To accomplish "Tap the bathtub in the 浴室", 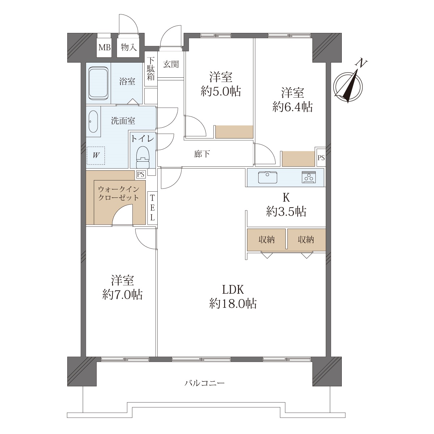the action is point(98,83).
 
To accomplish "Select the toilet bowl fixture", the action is point(143,157).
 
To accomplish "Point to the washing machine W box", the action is point(96,155).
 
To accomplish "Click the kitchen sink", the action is point(267,178).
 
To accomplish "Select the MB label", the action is point(105,48).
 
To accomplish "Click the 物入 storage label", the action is point(129,47).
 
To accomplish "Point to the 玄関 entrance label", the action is point(171,64).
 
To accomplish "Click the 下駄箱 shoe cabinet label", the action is point(151,69).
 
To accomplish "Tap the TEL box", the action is point(152,208).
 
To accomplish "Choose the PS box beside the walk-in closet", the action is point(141,174).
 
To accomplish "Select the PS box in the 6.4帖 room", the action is point(321,158).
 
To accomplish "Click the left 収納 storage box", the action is point(267,240).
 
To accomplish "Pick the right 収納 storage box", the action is point(307,240).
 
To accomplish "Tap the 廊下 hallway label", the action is point(202,154).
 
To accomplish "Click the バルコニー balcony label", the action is point(204,383).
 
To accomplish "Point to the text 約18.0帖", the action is point(233,304).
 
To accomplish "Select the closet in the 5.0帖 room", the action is point(234,132).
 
